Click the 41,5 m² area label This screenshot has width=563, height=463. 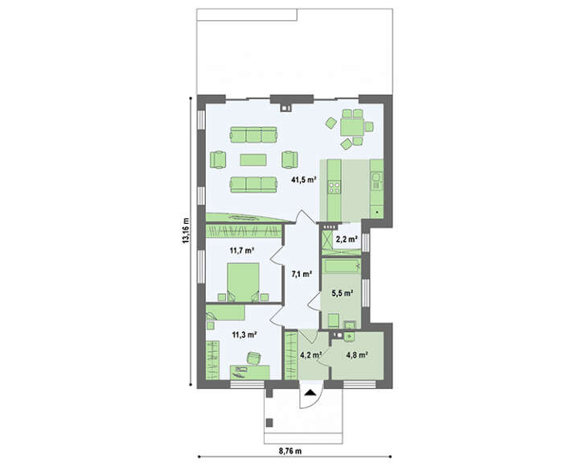(x=303, y=180)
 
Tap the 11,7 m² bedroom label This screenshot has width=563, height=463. (x=242, y=250)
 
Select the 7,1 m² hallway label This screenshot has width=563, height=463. (x=302, y=275)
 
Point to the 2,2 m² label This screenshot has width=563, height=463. (x=347, y=238)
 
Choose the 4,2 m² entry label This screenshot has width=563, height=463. (x=310, y=355)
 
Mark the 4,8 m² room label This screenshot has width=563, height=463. (x=356, y=355)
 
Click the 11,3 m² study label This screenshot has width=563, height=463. (x=245, y=336)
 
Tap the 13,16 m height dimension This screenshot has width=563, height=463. (x=185, y=230)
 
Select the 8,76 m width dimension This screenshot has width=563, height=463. (x=290, y=450)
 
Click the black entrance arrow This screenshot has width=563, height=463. (x=310, y=393)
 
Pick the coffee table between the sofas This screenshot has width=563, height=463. (x=253, y=160)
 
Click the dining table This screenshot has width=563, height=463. (x=352, y=127)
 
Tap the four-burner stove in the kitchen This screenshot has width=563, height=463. (x=335, y=188)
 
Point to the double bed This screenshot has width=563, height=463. (x=243, y=282)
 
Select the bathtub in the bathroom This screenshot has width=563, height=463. (x=342, y=266)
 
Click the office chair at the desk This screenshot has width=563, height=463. (x=254, y=358)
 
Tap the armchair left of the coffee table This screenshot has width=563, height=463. (x=218, y=160)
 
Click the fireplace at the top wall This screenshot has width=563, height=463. (x=286, y=107)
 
